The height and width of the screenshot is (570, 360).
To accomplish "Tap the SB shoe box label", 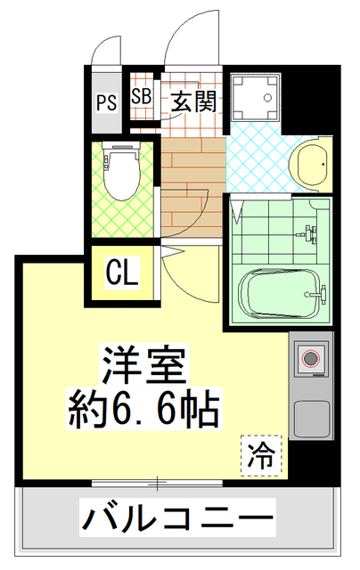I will pyautogui.click(x=141, y=97).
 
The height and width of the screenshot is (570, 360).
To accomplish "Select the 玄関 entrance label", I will pyautogui.click(x=191, y=101).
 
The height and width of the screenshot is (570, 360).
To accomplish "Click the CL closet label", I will pyautogui.click(x=122, y=273).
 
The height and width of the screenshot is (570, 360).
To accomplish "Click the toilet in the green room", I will pyautogui.click(x=122, y=174).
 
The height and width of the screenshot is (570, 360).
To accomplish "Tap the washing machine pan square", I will pyautogui.click(x=256, y=99).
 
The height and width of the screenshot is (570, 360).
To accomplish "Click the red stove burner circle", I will pyautogui.click(x=311, y=360).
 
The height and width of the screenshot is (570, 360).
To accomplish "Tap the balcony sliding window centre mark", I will pyautogui.click(x=159, y=484).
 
